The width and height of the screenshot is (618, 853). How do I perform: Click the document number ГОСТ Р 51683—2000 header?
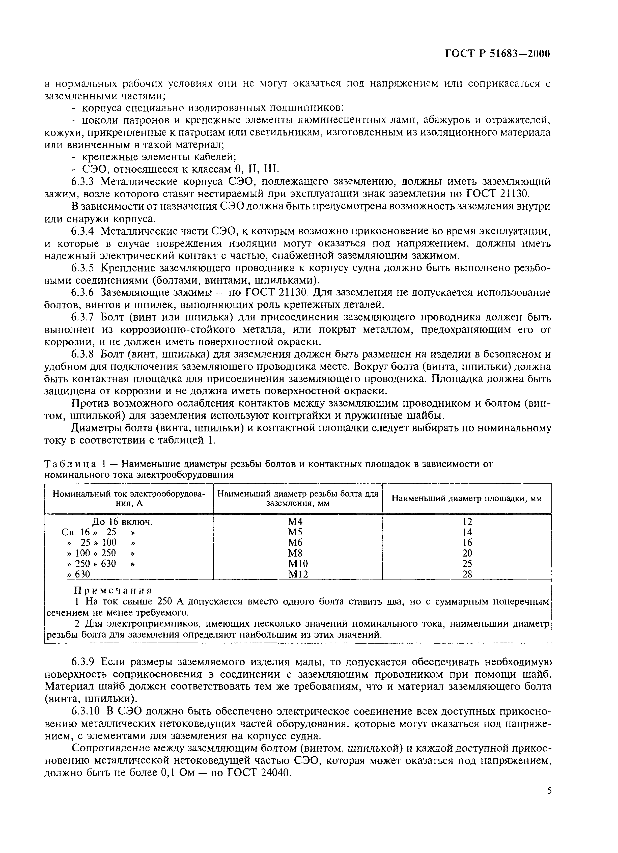(497, 54)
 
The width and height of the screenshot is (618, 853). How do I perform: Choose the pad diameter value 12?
(467, 522)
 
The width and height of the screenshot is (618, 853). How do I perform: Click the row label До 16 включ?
(123, 522)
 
